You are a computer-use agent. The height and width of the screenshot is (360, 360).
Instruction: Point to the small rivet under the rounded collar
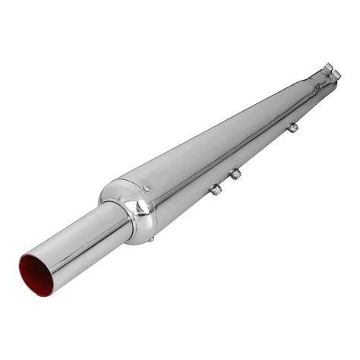[153, 240]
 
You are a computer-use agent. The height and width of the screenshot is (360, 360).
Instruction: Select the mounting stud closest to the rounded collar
[215, 188]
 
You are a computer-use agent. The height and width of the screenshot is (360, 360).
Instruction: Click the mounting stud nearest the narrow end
[291, 129]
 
